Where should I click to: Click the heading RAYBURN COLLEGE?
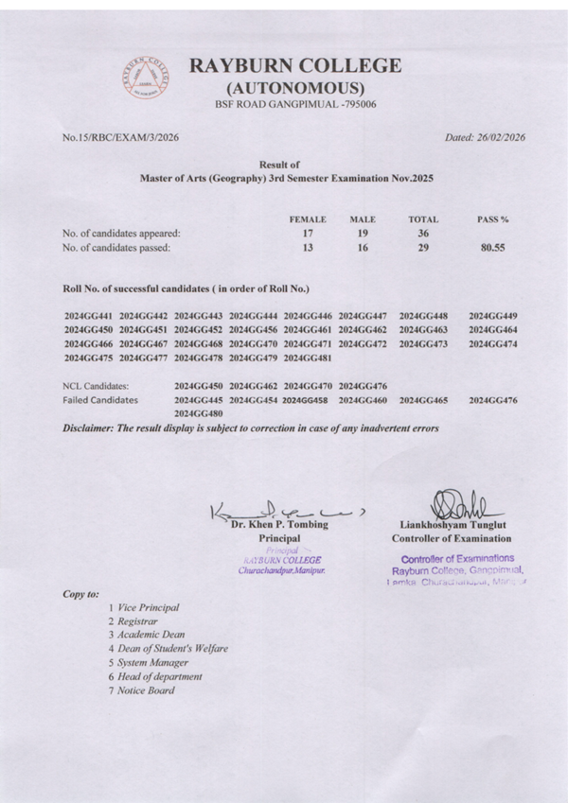(294, 66)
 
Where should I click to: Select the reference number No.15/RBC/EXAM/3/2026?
(120, 137)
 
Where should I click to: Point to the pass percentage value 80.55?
(493, 248)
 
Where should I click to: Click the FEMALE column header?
(308, 218)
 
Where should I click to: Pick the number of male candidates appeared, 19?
(363, 233)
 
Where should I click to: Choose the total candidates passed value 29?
(423, 248)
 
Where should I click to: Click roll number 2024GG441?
(89, 315)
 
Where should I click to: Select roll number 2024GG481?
(308, 358)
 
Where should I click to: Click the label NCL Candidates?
(96, 386)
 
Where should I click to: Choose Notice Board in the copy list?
(145, 690)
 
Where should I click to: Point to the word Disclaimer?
(89, 428)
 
